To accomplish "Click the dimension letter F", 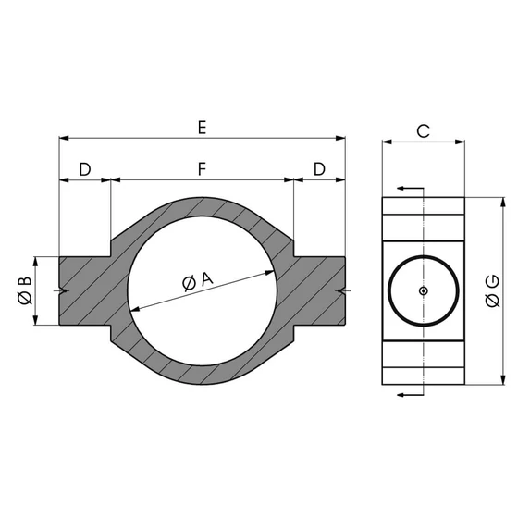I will (202, 168).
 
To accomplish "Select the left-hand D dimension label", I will (84, 168).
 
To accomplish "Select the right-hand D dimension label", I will (319, 168).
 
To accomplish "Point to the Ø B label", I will (25, 290).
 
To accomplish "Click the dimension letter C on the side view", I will (422, 130).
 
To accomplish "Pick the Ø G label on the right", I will (492, 290).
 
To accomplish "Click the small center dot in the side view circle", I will (423, 290).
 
